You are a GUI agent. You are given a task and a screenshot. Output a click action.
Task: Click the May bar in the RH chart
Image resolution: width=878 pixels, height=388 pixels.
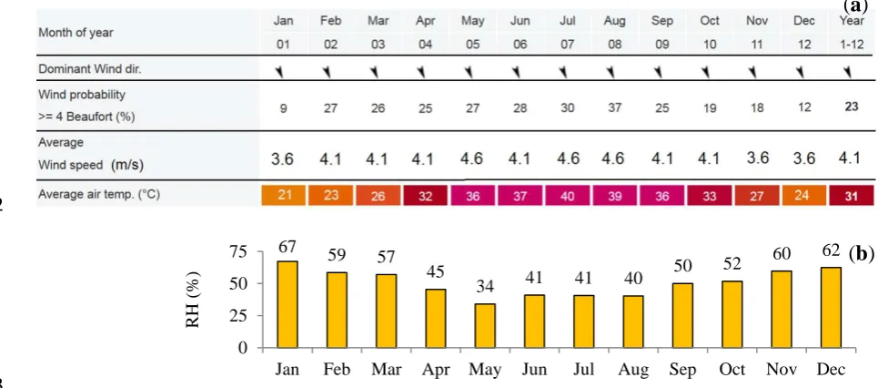(x=485, y=326)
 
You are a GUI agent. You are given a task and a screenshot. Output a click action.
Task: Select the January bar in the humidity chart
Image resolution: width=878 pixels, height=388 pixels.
(x=288, y=304)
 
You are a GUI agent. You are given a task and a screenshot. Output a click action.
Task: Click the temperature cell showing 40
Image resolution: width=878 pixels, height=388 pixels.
(x=567, y=196)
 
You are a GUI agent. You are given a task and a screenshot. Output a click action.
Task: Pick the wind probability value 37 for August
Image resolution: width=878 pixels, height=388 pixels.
(x=614, y=107)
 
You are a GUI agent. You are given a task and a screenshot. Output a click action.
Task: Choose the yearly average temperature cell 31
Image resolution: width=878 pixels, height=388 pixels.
(x=851, y=196)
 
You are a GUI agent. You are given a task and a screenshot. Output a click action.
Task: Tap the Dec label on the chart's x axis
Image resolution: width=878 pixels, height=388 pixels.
(x=832, y=370)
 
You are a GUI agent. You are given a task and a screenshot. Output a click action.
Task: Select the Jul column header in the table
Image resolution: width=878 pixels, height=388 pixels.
(x=567, y=22)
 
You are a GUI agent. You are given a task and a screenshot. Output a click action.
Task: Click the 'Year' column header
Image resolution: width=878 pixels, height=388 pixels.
(x=851, y=22)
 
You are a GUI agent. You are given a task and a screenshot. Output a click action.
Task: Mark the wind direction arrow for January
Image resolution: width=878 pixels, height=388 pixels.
(x=283, y=71)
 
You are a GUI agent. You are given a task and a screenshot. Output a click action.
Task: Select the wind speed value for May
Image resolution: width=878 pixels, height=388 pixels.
(x=472, y=158)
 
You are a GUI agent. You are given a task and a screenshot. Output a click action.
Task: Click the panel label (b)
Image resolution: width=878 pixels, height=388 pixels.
(x=862, y=254)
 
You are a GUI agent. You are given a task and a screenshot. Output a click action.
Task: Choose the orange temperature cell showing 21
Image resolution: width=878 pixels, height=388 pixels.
(x=283, y=196)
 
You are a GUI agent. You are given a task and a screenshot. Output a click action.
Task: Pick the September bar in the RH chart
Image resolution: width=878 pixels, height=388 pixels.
(x=682, y=315)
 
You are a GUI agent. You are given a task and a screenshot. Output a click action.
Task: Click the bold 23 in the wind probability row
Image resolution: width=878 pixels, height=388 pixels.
(x=851, y=107)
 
